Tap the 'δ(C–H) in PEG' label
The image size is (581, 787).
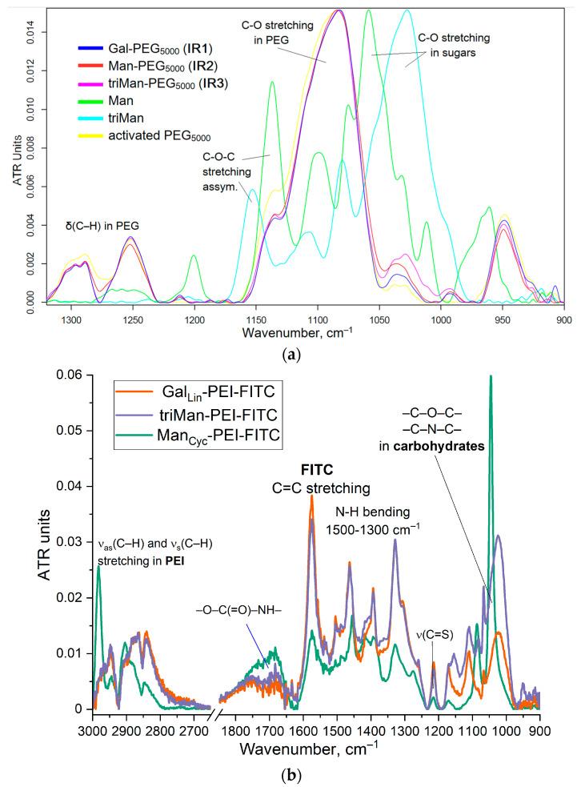[x=102, y=227]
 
